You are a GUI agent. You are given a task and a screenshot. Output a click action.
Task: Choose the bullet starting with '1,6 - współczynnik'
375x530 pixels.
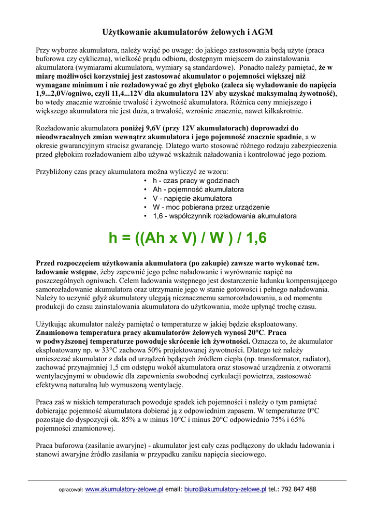pos(224,216)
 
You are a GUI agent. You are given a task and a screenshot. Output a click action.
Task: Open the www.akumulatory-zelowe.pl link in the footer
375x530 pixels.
pos(124,489)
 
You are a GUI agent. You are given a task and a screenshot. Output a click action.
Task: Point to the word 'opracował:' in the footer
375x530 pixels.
pos(70,489)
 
